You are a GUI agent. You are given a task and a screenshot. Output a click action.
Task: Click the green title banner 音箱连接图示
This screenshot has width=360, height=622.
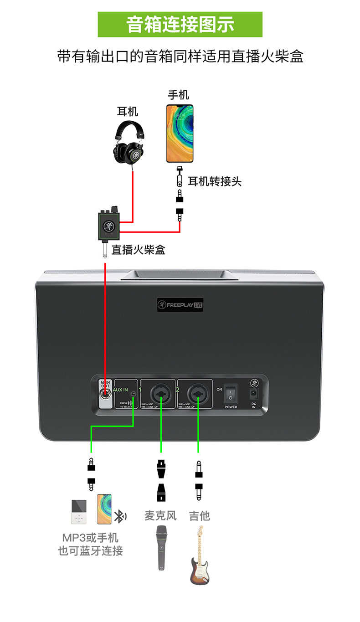(180, 24)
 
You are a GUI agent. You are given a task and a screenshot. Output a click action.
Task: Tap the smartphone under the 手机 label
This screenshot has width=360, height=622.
(180, 133)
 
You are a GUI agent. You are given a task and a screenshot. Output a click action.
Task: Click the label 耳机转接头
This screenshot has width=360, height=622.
(215, 181)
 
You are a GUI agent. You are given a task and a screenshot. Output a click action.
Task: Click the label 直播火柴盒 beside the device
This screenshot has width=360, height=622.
(139, 250)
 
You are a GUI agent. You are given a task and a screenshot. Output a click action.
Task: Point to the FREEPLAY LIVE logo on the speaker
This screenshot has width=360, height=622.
(180, 305)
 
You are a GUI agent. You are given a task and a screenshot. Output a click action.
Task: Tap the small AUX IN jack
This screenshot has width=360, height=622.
(133, 394)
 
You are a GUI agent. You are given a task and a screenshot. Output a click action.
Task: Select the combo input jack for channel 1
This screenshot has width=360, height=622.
(160, 393)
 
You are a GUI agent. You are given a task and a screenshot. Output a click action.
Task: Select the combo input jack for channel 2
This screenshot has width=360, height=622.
(198, 393)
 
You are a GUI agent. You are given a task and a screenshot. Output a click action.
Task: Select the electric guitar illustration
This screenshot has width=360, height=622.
(199, 556)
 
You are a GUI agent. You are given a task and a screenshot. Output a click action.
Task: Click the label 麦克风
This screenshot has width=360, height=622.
(160, 515)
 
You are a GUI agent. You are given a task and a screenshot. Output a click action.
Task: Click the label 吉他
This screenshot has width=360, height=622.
(199, 515)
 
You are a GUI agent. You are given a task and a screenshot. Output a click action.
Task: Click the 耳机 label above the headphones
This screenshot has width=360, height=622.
(128, 111)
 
